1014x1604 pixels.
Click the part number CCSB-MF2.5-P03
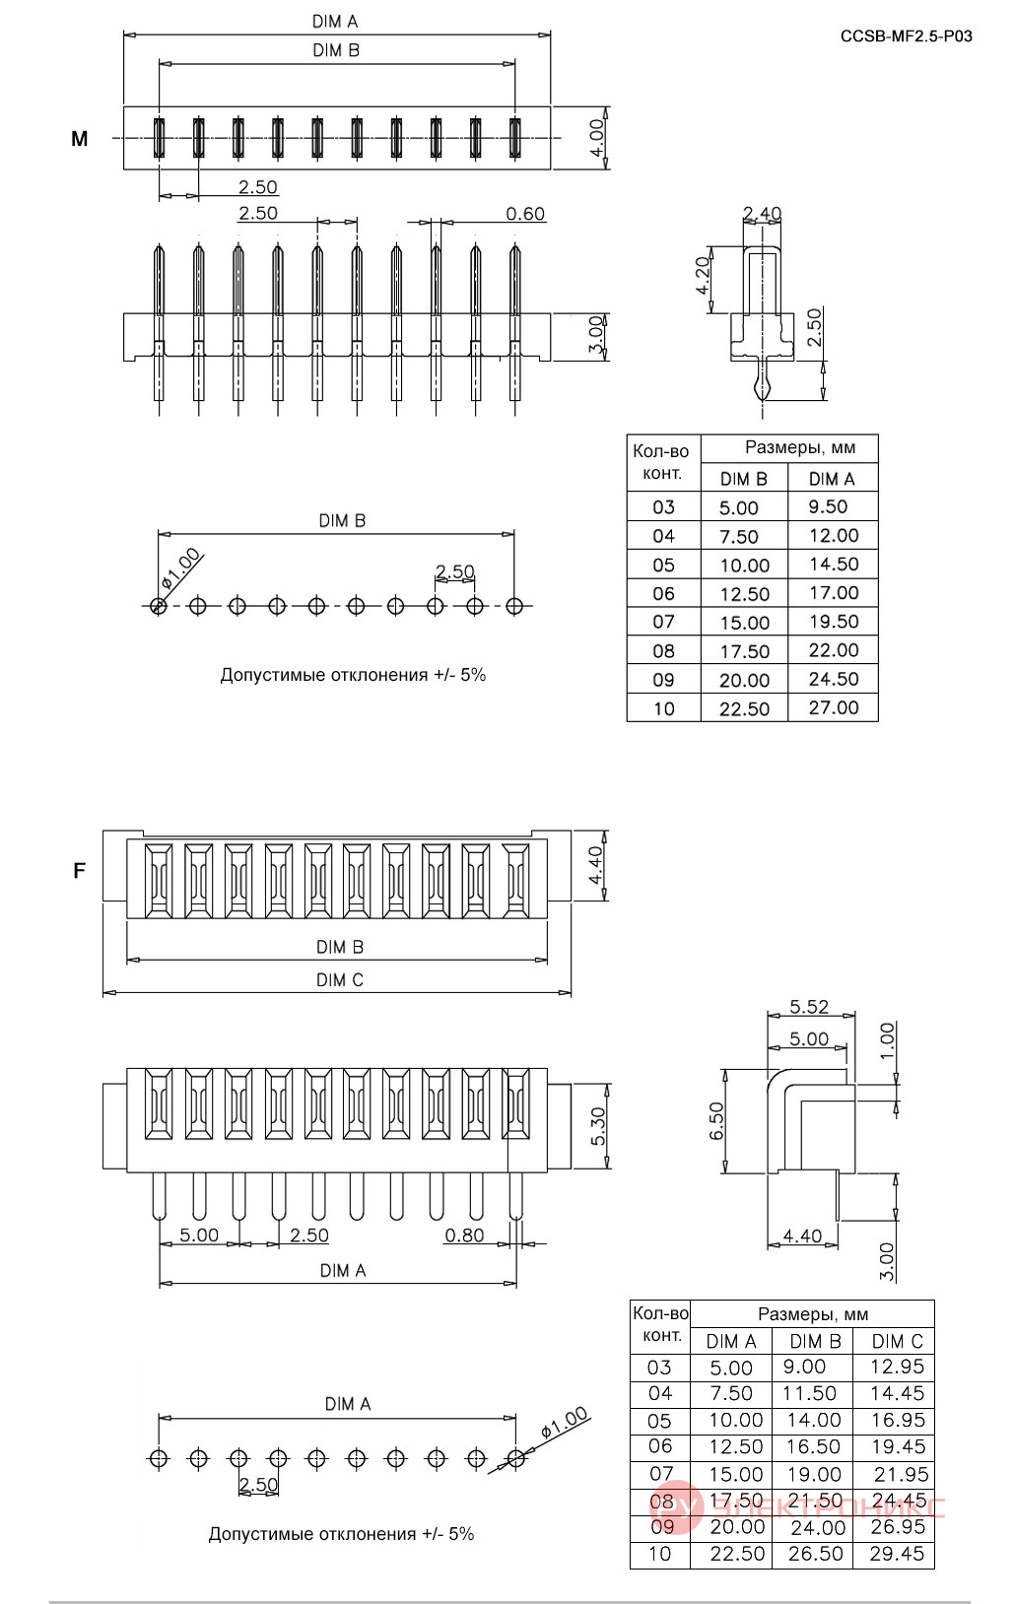pos(906,36)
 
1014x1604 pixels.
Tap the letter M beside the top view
pos(79,139)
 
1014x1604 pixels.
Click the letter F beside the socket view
pos(79,871)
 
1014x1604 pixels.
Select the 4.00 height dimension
pos(596,138)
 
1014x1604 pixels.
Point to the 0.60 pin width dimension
pos(525,214)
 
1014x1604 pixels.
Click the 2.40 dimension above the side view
pos(762,214)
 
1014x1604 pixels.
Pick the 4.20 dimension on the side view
pos(704,276)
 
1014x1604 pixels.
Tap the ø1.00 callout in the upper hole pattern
pos(181,568)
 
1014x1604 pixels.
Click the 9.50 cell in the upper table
pos(828,507)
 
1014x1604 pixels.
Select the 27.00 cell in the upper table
pos(834,708)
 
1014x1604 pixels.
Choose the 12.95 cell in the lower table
pos(898,1367)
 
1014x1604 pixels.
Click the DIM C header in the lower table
pos(898,1341)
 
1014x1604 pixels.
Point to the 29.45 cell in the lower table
pos(898,1555)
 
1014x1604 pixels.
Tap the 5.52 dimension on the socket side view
pos(809,1007)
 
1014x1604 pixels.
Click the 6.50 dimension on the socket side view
pos(716,1121)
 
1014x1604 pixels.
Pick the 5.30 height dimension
pos(599,1126)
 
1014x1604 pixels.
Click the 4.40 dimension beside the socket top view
pos(596,865)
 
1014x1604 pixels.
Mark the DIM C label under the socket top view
pos(340,979)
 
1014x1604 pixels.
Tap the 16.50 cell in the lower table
pos(814,1447)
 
